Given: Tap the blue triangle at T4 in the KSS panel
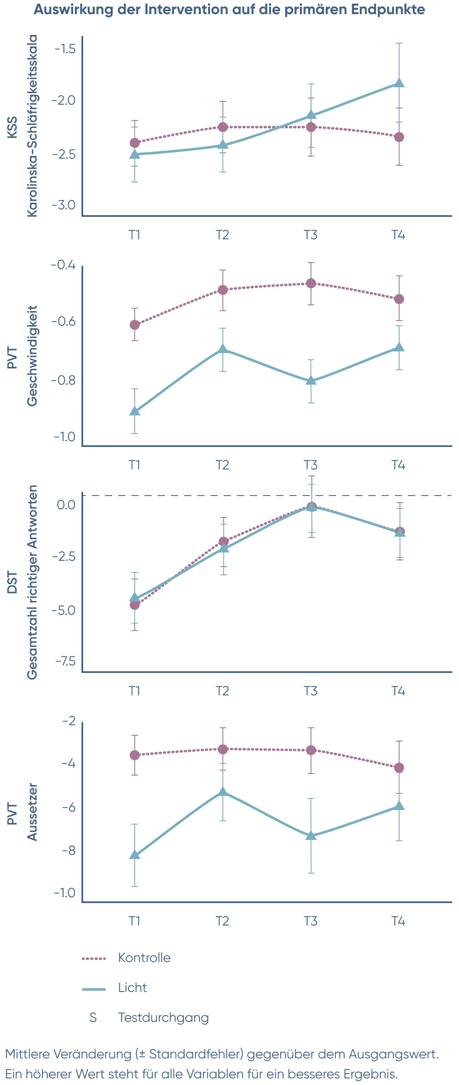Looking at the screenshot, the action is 399,83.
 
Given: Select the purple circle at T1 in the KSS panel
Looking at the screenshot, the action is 135,143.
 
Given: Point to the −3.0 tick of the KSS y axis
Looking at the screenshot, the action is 64,205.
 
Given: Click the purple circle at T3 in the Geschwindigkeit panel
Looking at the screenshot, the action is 311,283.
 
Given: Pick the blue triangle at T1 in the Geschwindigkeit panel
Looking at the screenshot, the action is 135,411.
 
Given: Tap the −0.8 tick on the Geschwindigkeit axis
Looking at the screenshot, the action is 63,380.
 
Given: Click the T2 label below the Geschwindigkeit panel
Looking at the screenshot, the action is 222,465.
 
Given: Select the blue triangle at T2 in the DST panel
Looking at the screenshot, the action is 223,547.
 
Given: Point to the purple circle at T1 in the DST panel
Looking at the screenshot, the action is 135,605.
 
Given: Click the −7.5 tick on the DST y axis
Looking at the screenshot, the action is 65,661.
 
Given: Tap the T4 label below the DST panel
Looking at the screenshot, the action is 398,691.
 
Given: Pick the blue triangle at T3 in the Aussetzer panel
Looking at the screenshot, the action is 311,835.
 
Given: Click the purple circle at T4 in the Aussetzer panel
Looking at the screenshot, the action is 399,768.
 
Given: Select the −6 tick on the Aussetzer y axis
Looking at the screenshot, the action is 69,807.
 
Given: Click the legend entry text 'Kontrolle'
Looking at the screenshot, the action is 144,958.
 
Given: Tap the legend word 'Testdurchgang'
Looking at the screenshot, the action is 163,1018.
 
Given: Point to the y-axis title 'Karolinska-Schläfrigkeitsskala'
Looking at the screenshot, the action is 32,126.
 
